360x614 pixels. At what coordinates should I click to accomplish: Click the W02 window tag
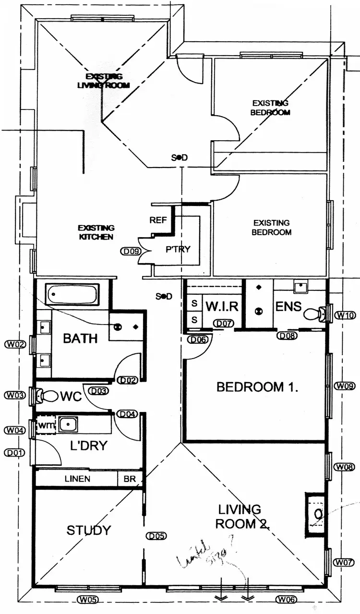(x=13, y=344)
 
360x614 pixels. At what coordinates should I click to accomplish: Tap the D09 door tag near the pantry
(x=129, y=251)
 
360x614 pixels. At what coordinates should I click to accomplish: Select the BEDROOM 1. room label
(x=258, y=387)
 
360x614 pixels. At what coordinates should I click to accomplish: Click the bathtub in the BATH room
(x=72, y=294)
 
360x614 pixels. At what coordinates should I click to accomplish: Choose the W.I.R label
(x=222, y=306)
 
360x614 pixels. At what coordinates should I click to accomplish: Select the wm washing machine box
(x=47, y=425)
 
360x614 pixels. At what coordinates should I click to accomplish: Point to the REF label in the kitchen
(x=158, y=220)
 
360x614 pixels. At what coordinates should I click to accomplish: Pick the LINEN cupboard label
(x=77, y=479)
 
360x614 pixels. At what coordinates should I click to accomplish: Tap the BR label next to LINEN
(x=130, y=479)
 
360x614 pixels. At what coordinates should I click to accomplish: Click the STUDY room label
(x=88, y=530)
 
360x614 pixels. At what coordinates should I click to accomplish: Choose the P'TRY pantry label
(x=178, y=249)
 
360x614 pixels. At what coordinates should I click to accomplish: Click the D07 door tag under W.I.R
(x=224, y=324)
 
